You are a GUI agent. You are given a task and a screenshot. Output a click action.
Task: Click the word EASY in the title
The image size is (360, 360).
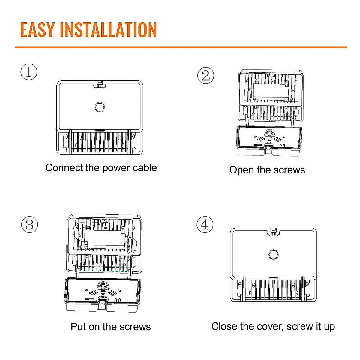pyautogui.click(x=37, y=30)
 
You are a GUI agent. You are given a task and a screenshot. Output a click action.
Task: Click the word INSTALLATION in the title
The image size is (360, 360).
pyautogui.click(x=108, y=30)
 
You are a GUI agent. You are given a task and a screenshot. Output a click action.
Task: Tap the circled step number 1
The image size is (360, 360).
pyautogui.click(x=29, y=72)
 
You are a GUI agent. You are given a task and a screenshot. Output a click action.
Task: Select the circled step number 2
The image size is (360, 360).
pyautogui.click(x=206, y=75)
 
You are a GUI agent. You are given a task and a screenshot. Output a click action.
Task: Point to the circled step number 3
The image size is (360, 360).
pyautogui.click(x=30, y=225)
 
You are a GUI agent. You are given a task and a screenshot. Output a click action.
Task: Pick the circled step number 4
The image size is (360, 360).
pyautogui.click(x=205, y=225)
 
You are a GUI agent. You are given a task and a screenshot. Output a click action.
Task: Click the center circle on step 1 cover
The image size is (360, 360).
pyautogui.click(x=100, y=107)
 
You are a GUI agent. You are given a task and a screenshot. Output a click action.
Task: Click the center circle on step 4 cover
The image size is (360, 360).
pyautogui.click(x=273, y=254)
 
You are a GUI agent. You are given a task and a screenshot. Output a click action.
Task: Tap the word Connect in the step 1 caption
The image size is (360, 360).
pyautogui.click(x=64, y=168)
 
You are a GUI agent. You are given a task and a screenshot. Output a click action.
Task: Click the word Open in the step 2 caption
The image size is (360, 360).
pyautogui.click(x=241, y=170)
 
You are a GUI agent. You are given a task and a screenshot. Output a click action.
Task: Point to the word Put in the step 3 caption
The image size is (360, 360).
pyautogui.click(x=79, y=327)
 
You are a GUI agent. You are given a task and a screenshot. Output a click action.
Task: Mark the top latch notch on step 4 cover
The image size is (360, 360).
pyautogui.click(x=274, y=231)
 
